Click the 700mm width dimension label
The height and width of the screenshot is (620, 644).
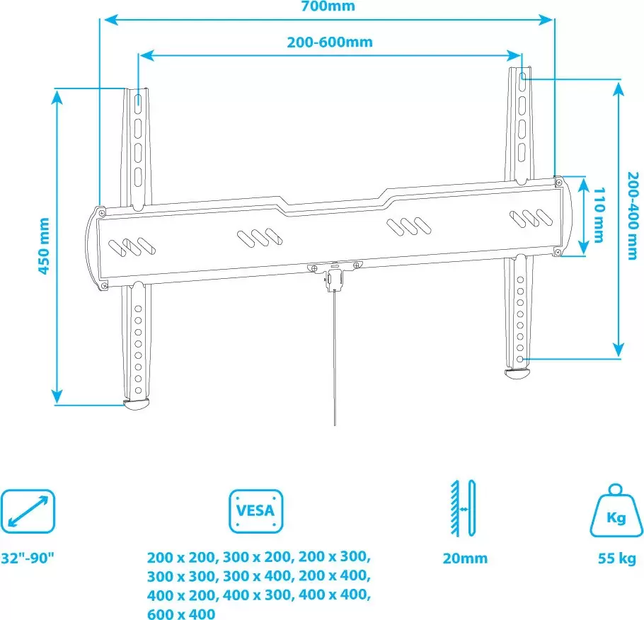328,6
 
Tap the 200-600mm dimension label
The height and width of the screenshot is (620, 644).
330,42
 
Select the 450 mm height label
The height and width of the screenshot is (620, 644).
44,246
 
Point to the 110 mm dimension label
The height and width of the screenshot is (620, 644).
600,215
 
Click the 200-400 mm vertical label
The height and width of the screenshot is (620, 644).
633,215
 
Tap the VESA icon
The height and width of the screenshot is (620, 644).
256,511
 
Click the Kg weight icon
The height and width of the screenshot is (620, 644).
616,511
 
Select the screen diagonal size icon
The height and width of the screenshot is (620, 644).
28,511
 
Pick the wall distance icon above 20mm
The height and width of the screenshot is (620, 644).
464,508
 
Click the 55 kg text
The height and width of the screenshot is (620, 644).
616,558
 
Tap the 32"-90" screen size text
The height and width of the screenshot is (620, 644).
28,558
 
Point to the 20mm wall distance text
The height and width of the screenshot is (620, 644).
465,558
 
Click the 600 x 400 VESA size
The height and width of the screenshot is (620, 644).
181,614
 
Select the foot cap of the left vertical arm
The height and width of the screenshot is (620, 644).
137,405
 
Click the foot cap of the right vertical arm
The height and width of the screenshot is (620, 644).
517,374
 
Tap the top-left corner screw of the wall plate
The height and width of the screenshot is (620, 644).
101,212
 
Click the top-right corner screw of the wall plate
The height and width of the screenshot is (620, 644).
558,182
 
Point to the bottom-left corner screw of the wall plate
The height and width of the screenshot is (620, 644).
104,285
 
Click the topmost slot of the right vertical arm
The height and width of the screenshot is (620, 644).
522,77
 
